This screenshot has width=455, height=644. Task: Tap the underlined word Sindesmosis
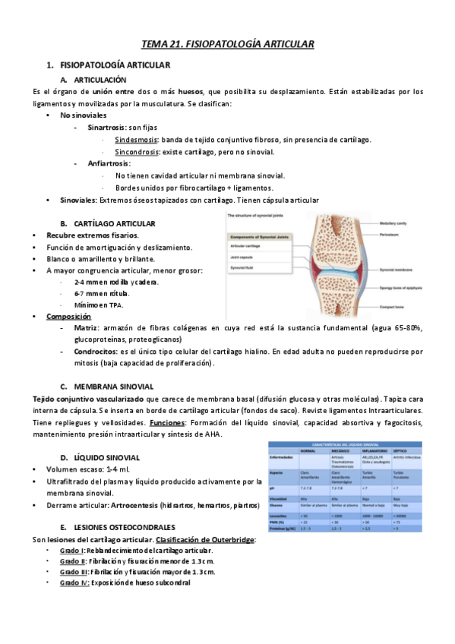[x=137, y=140]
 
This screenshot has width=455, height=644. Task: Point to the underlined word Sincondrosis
[x=137, y=152]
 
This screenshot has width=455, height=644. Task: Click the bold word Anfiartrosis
[x=109, y=164]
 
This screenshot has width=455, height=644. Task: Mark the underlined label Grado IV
[x=74, y=582]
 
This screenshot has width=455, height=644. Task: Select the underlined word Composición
[x=68, y=316]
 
